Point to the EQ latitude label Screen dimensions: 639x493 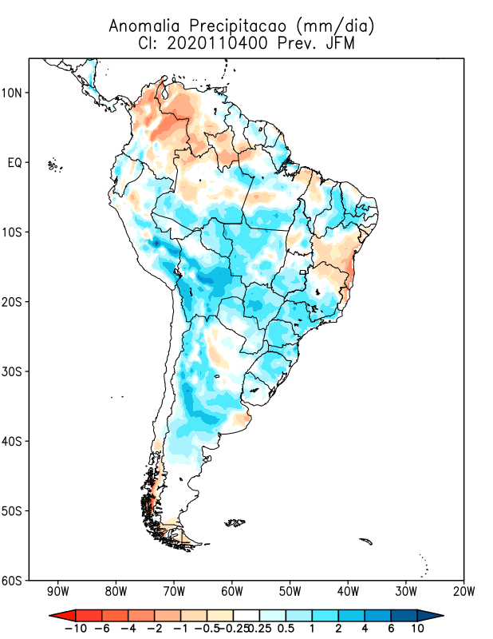15,163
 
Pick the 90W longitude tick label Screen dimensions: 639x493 57,592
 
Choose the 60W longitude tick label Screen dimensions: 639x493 231,592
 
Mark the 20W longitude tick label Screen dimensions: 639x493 463,592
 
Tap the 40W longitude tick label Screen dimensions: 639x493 348,592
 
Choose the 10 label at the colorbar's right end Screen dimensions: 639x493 417,629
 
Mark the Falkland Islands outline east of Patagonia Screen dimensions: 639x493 235,523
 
